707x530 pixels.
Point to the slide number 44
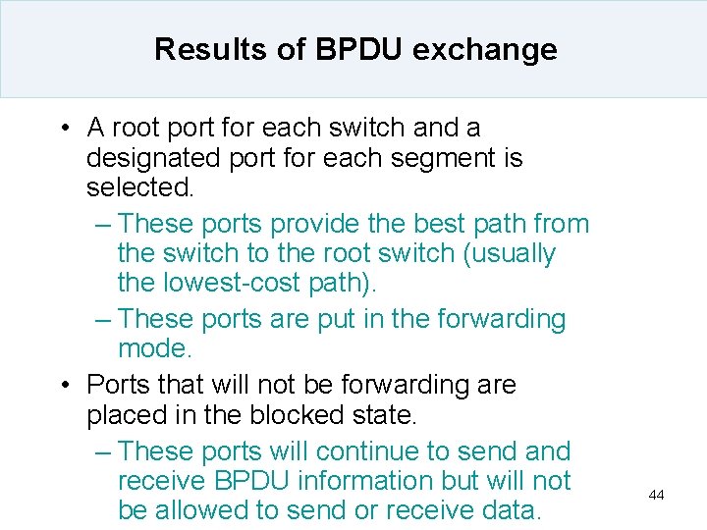click(x=657, y=496)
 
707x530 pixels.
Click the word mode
click(x=153, y=348)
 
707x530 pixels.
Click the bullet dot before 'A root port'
click(x=63, y=129)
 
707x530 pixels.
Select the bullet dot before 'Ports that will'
click(x=63, y=386)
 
